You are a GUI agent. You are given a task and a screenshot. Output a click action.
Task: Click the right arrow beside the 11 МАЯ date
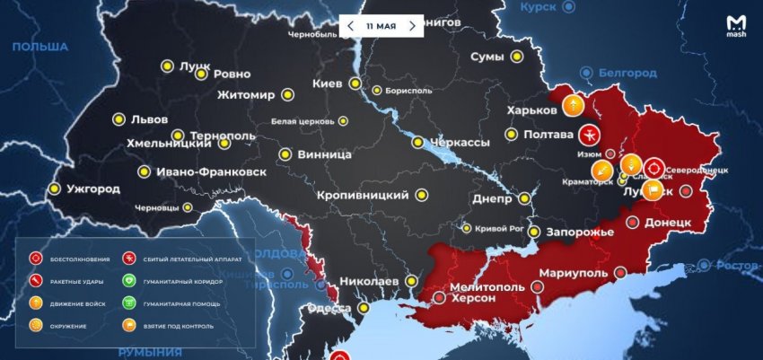point(412,25)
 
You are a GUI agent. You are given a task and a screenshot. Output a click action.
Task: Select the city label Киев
point(327,83)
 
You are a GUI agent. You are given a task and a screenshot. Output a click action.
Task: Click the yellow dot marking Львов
point(118,119)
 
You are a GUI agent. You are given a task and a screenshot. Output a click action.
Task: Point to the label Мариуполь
point(575,272)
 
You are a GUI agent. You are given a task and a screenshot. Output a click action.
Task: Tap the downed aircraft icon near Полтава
point(590,135)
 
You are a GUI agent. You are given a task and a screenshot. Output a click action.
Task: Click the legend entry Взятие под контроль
point(172,325)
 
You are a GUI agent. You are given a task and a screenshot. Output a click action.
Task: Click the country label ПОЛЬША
point(39,47)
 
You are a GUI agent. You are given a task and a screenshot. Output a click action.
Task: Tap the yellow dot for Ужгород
point(56,189)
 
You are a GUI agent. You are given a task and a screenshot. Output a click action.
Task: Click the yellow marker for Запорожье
point(534,232)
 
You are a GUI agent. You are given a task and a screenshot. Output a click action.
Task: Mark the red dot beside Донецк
point(687,190)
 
